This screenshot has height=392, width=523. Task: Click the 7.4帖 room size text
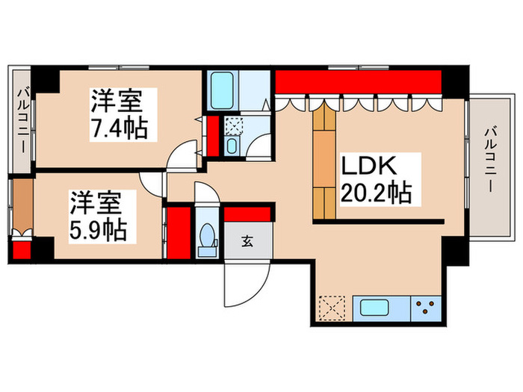pos(119,128)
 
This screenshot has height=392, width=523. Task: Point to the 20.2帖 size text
pos(376,193)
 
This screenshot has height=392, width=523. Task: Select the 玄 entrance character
pos(247,241)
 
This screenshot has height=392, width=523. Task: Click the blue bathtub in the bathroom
pos(222,92)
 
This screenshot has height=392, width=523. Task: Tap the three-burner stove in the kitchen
pos(428,307)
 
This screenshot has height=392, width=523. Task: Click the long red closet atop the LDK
pos(359,83)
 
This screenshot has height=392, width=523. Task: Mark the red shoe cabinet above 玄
pos(249,214)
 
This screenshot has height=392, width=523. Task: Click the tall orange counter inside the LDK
pos(324,161)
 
